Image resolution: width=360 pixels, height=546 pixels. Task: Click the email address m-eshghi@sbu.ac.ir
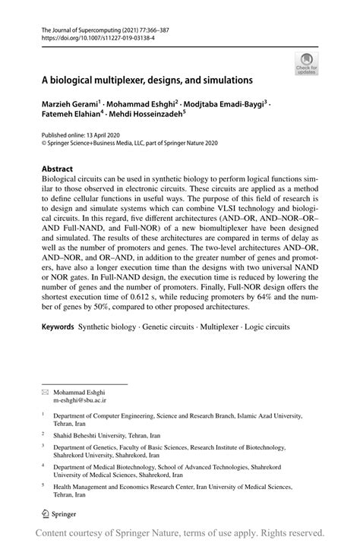coord(79,398)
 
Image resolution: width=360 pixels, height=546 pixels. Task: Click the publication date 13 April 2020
coord(112,132)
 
